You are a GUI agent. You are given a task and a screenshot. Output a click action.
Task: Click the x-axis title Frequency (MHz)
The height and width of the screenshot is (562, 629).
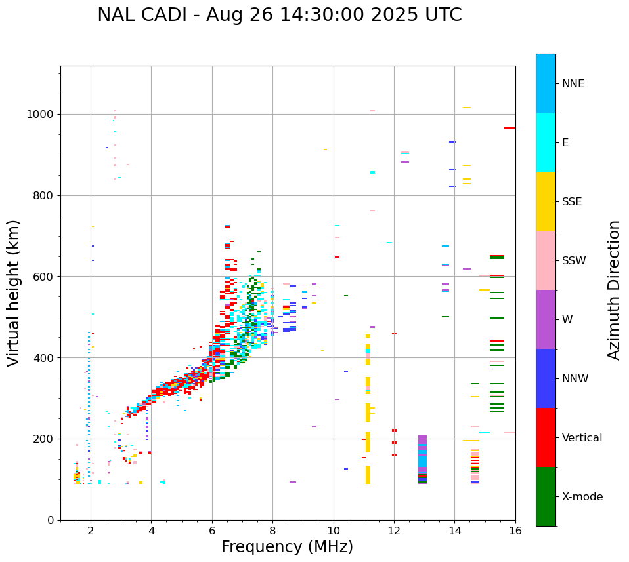287,547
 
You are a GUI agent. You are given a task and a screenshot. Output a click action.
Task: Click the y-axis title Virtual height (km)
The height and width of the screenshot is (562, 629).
14,293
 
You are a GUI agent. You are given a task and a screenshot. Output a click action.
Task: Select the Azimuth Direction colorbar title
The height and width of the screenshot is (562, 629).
614,290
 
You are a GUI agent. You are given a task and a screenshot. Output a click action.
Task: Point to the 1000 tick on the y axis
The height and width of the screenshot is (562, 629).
43,115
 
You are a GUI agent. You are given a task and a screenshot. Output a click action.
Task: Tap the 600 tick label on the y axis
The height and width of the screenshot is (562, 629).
46,277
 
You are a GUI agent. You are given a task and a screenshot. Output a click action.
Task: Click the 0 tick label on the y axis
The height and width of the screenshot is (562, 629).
51,520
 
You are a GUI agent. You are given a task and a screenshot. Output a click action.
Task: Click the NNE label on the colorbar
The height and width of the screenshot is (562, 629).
573,84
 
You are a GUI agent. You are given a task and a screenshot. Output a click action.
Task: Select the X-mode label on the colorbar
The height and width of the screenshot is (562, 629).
582,497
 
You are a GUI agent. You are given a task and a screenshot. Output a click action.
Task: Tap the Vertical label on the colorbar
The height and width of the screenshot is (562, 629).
582,438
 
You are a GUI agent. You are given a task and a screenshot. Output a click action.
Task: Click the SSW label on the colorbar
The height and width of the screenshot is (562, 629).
574,261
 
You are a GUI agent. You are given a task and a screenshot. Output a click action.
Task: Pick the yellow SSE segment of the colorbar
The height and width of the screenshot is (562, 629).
546,201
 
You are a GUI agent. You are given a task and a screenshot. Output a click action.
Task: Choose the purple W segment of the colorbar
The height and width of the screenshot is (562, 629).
546,319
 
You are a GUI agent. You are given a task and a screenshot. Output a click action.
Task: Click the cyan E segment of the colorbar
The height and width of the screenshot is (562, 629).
546,142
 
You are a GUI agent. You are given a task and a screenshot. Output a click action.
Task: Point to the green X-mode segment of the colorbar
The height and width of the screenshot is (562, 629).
546,496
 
